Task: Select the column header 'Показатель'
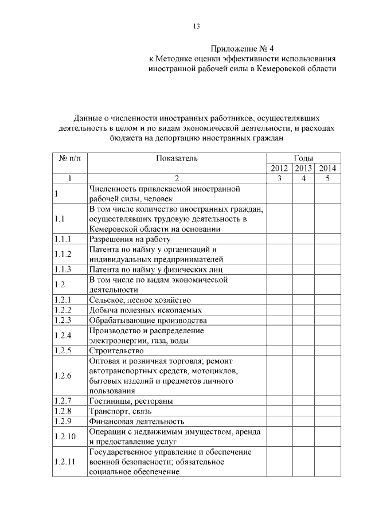(177, 158)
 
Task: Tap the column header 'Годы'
(303, 158)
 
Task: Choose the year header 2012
(279, 168)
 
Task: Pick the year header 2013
(303, 168)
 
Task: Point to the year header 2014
(327, 168)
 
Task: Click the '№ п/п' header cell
(70, 158)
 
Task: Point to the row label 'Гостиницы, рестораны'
(131, 401)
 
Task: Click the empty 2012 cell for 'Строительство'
(279, 350)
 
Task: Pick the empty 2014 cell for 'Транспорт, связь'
(327, 411)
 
